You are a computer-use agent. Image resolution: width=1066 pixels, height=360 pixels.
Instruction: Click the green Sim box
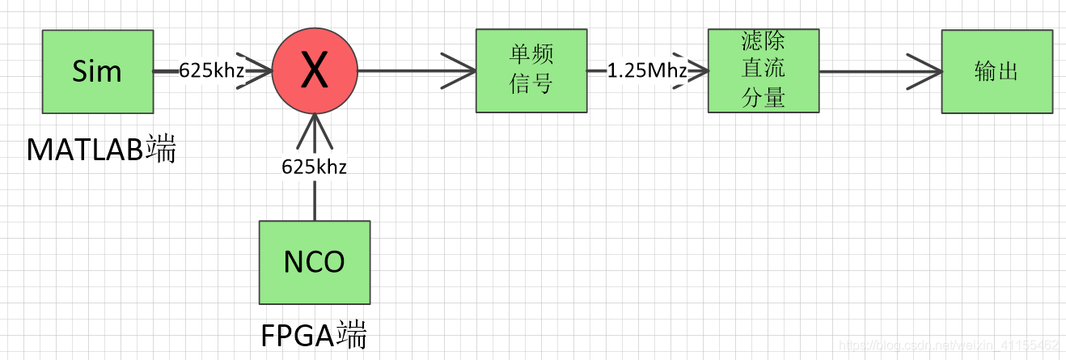click(x=96, y=71)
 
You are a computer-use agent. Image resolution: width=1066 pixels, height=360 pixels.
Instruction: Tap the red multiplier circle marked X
click(x=314, y=71)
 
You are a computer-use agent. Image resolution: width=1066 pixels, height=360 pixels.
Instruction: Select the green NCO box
click(x=314, y=260)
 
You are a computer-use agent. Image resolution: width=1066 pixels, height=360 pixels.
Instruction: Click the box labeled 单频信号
click(x=531, y=71)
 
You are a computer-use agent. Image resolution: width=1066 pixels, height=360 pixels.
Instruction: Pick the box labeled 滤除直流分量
click(x=763, y=70)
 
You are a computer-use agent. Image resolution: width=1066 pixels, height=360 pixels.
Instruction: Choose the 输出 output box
click(x=996, y=71)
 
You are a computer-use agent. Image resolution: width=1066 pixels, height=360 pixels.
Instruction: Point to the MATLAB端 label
click(x=101, y=150)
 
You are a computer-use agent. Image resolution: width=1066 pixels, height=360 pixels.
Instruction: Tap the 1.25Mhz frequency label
click(x=646, y=71)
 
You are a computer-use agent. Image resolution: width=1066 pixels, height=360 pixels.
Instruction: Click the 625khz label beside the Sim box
click(x=212, y=71)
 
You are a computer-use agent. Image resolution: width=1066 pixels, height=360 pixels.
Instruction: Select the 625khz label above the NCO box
click(x=315, y=167)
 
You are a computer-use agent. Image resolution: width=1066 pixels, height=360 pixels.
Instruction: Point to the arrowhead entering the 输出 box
click(x=927, y=71)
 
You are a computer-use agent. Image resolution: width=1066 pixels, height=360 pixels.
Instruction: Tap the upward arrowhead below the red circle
click(x=314, y=129)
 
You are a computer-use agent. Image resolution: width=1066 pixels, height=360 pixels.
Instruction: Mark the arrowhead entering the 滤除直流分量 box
click(x=697, y=71)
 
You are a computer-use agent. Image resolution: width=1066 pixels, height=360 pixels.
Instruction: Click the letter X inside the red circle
click(x=314, y=72)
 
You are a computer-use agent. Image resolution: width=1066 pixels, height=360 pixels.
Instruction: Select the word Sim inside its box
click(x=96, y=71)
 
